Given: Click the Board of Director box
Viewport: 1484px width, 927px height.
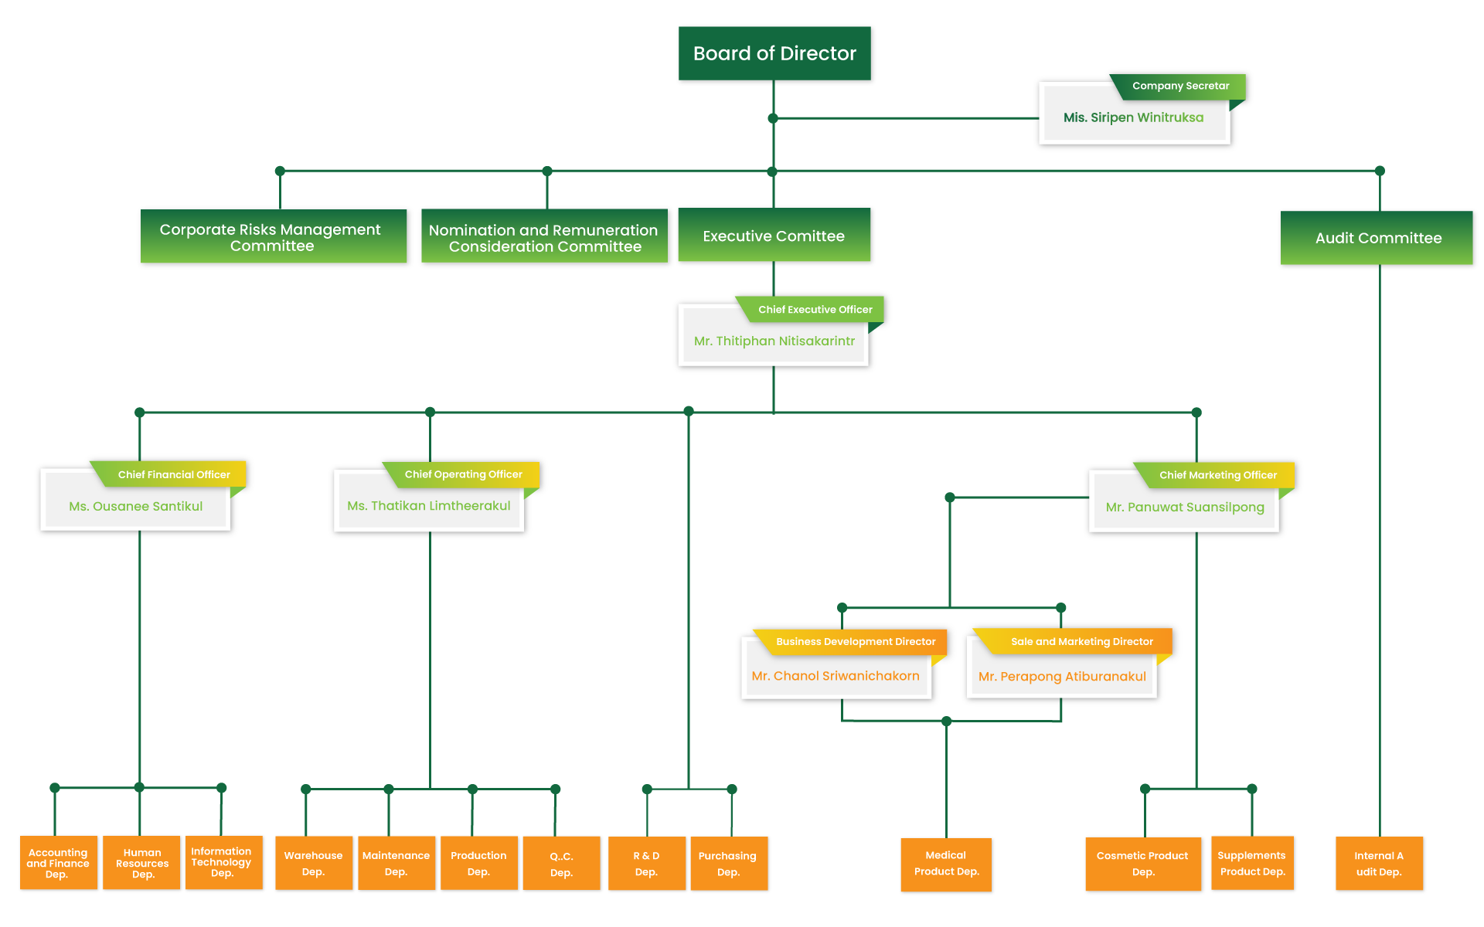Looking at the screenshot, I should point(774,53).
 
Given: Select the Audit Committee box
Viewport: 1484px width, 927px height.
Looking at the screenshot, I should point(1378,238).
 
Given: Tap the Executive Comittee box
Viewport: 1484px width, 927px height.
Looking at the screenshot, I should point(774,236).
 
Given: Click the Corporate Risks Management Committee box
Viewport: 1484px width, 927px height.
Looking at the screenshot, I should point(271,237).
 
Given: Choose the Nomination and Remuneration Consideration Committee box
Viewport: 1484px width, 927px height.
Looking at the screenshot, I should point(544,238).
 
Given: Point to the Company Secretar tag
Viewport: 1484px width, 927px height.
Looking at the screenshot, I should point(1180,86).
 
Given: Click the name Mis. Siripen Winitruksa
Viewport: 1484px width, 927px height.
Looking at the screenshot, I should point(1133,117).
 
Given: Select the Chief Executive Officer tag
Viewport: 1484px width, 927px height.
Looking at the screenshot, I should point(815,309).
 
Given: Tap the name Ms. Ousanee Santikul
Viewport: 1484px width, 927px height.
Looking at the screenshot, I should point(136,506).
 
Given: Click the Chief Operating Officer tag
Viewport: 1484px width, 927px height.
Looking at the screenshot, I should point(463,474).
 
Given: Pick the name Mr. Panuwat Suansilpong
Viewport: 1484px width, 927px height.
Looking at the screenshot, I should point(1185,507).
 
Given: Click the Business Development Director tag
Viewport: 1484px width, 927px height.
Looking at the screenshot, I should point(856,641).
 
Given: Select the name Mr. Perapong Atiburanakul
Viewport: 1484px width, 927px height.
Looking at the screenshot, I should point(1062,676).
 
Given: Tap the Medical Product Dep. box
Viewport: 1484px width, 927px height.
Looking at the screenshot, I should point(946,864).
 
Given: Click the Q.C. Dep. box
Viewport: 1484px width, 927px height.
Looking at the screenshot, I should point(561,864).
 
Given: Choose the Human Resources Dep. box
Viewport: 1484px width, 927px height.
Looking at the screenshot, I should point(142,863).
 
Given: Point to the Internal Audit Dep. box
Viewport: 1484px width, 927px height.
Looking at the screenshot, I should point(1379,864).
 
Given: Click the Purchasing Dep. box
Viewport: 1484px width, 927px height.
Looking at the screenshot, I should point(728,864).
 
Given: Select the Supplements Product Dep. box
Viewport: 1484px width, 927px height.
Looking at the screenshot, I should point(1252,864).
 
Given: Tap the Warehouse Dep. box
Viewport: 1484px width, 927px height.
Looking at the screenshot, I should point(313,863).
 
